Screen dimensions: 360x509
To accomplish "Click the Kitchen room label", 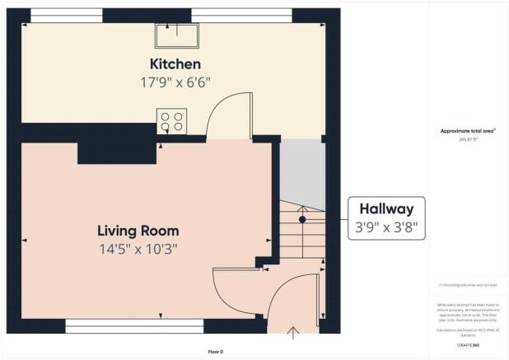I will click(x=175, y=64).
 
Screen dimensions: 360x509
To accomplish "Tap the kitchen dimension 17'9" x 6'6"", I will click(x=175, y=82).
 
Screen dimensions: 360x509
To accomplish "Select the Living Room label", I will click(x=138, y=231).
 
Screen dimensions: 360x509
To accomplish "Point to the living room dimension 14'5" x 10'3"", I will click(x=138, y=248).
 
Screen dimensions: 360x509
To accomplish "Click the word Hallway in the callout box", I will click(x=386, y=209).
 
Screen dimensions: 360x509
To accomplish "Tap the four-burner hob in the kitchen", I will click(x=171, y=122).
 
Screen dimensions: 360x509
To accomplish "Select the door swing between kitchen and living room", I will click(x=227, y=115).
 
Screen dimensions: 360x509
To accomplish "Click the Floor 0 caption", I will click(x=215, y=352).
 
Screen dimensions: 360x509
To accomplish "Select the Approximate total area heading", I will click(x=467, y=131).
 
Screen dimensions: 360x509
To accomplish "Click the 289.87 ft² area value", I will click(x=467, y=139).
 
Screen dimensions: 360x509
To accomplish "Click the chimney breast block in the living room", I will click(x=115, y=153).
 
